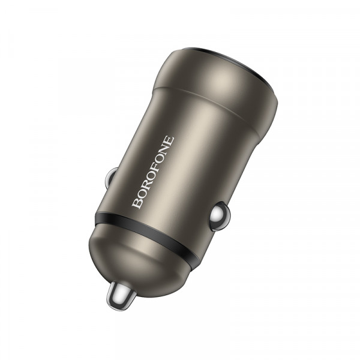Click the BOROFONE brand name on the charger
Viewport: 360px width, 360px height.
point(154,173)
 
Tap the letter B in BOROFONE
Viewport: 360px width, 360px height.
point(137,203)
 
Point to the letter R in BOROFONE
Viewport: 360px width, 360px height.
point(146,188)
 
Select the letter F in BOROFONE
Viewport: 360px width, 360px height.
point(155,171)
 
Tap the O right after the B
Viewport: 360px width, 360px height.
point(141,196)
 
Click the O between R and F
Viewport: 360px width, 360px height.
point(151,179)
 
